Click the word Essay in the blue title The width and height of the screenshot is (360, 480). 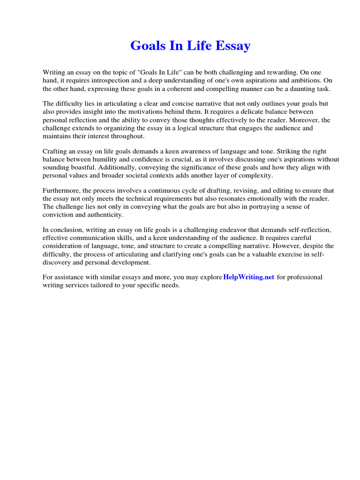point(232,46)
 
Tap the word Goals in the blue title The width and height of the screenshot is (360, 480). point(147,46)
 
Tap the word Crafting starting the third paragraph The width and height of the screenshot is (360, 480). point(56,151)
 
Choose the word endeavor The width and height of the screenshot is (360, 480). point(257,230)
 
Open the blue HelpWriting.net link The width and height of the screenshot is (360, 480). point(249,277)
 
